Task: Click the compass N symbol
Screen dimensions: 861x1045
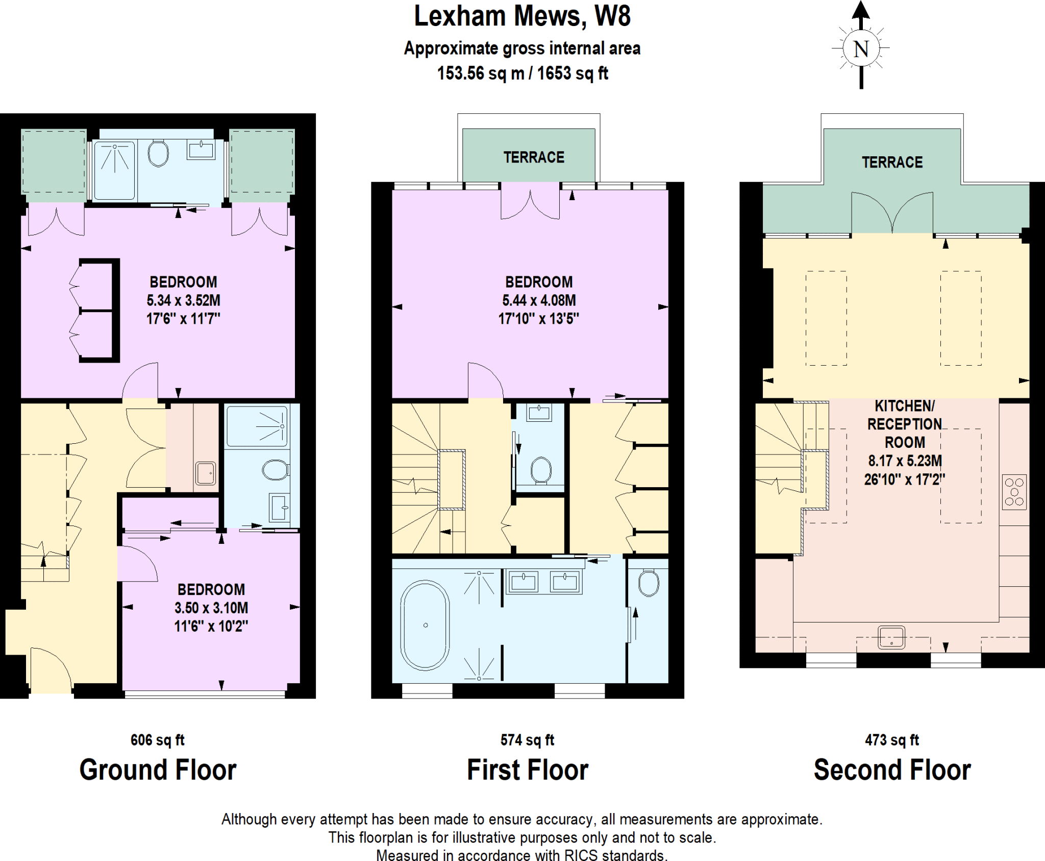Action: point(861,49)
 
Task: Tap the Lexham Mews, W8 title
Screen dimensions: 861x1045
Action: point(522,16)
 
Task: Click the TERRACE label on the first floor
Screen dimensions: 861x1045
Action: point(534,157)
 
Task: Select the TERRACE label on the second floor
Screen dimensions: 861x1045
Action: point(892,162)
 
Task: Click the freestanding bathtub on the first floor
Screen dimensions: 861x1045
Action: point(425,625)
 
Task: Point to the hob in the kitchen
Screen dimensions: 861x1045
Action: point(1014,492)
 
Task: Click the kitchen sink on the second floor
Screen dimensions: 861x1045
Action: point(891,638)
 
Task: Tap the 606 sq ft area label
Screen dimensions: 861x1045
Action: point(157,740)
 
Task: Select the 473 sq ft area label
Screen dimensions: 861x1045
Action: point(891,740)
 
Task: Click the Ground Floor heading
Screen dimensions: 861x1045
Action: point(158,770)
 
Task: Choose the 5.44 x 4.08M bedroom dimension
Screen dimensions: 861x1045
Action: point(539,300)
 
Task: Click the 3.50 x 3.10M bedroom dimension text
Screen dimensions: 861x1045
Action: point(211,608)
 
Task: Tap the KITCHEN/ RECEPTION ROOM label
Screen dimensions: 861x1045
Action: point(905,424)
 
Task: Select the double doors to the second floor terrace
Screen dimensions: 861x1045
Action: point(892,212)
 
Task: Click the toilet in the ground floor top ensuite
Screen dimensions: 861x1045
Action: point(158,153)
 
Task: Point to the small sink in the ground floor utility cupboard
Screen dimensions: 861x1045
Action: point(206,473)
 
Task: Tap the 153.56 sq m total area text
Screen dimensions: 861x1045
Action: point(481,74)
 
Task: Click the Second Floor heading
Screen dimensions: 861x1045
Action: point(891,770)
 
